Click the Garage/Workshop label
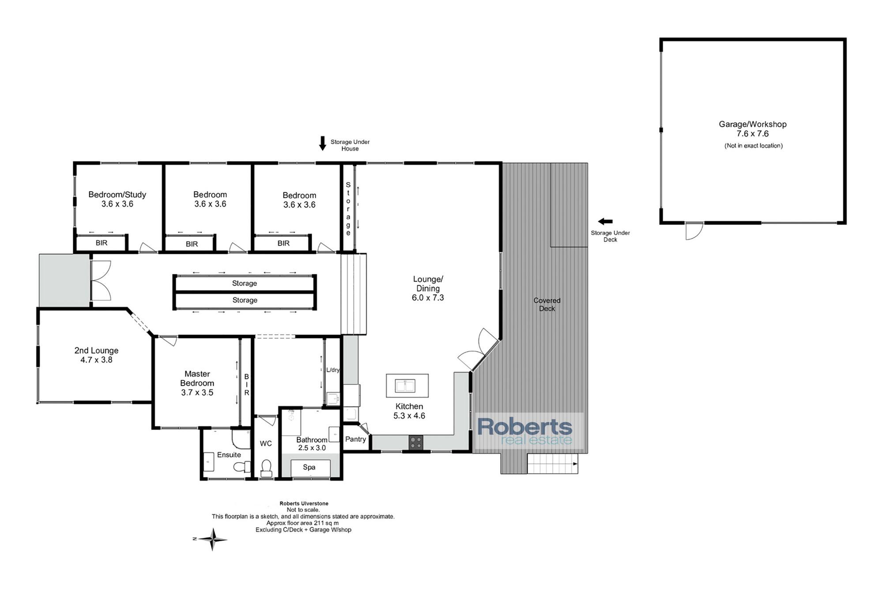pyautogui.click(x=753, y=124)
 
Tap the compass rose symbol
pyautogui.click(x=212, y=539)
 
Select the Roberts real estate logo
pyautogui.click(x=529, y=431)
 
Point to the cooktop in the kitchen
pyautogui.click(x=415, y=442)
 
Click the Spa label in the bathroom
pyautogui.click(x=309, y=467)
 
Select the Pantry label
pyautogui.click(x=355, y=439)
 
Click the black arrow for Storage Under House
pyautogui.click(x=323, y=143)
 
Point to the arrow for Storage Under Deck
pyautogui.click(x=605, y=221)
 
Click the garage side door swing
pyautogui.click(x=694, y=231)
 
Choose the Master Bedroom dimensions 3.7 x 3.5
pyautogui.click(x=197, y=392)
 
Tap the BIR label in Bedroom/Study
pyautogui.click(x=102, y=243)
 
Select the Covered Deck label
pyautogui.click(x=547, y=304)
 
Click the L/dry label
pyautogui.click(x=333, y=370)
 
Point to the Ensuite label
pyautogui.click(x=229, y=455)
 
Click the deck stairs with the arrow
pyautogui.click(x=553, y=464)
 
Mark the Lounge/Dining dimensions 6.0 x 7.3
pyautogui.click(x=428, y=298)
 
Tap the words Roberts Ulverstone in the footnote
pyautogui.click(x=304, y=503)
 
